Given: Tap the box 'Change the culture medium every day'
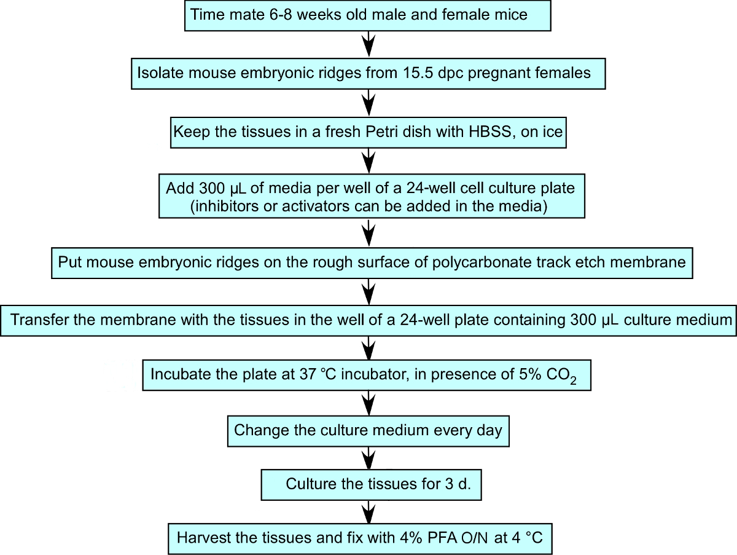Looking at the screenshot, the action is [368, 430].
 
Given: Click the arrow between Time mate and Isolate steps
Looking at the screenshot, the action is [368, 44].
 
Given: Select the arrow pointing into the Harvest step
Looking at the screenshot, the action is [368, 511].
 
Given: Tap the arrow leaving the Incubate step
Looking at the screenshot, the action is [368, 402].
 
